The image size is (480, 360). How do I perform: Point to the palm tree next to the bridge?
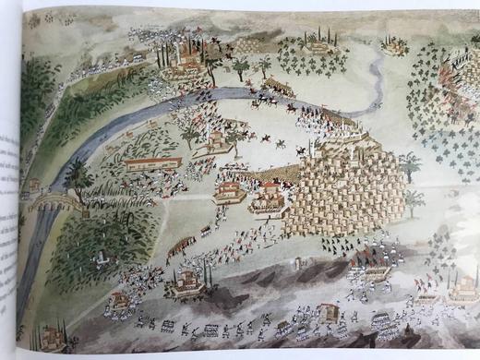click(78, 175)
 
